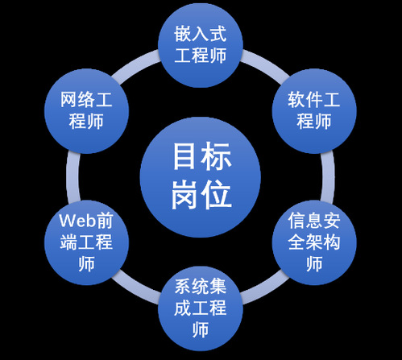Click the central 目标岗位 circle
click(201, 177)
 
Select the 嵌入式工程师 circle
click(201, 45)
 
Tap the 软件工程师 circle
click(314, 111)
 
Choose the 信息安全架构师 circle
click(314, 242)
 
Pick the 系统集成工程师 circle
click(201, 308)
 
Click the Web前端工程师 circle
click(86, 242)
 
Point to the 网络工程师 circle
click(86, 111)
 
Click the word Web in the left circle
click(78, 221)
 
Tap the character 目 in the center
click(184, 156)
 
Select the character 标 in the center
click(217, 156)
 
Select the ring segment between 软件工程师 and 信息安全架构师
click(328, 177)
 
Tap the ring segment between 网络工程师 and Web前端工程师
click(73, 177)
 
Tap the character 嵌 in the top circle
click(183, 34)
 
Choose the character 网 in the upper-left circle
click(68, 100)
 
